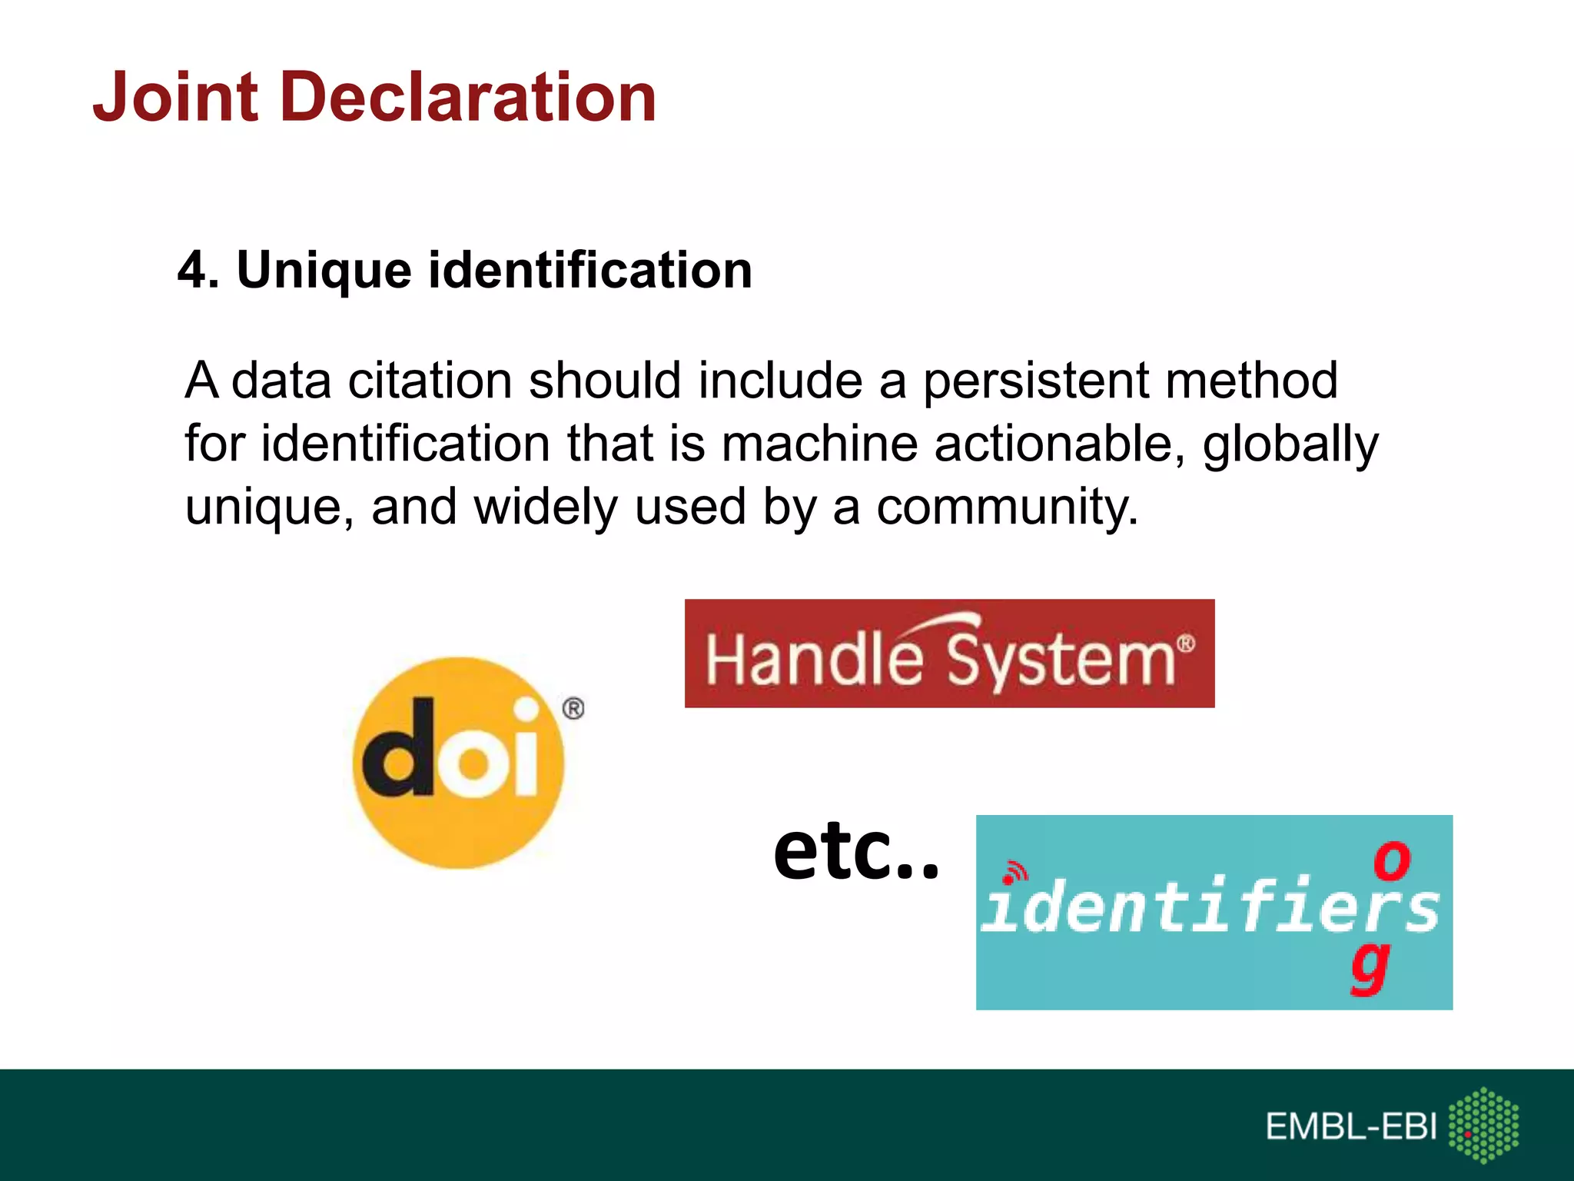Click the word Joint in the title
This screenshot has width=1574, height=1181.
point(175,98)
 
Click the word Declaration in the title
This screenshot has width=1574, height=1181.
point(468,98)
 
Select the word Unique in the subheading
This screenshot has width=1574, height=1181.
point(324,271)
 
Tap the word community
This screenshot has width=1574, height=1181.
point(1007,508)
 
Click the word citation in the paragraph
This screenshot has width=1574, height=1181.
point(430,381)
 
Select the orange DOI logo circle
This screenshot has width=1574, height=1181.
point(459,830)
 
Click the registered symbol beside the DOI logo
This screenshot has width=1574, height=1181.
point(573,708)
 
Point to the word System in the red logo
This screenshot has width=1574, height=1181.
point(1061,660)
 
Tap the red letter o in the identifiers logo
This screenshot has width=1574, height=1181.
point(1391,860)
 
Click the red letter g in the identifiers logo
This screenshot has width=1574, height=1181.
point(1371,966)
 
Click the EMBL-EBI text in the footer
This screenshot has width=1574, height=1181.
point(1350,1127)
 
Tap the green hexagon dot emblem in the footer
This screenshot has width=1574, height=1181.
point(1483,1125)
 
